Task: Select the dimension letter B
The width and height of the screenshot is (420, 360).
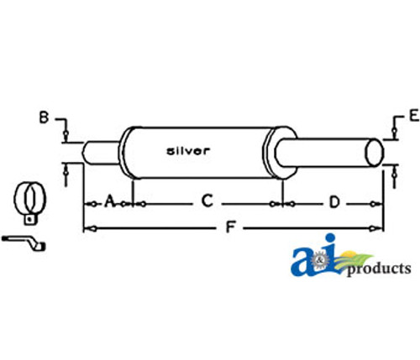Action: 45,117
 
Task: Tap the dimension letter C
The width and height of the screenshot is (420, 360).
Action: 207,201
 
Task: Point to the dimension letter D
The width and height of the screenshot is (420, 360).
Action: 333,201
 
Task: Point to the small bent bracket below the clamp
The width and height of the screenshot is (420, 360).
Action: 26,243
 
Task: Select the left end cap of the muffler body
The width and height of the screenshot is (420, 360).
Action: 127,151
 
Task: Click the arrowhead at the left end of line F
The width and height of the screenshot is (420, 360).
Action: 87,227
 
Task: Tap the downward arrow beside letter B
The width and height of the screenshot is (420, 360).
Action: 66,133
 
